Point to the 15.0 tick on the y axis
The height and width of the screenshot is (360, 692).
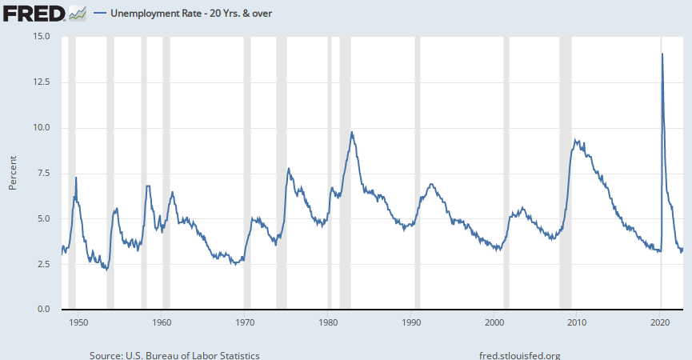(41, 37)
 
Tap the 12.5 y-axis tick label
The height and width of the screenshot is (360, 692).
(41, 82)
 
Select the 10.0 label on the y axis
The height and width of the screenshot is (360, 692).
(41, 128)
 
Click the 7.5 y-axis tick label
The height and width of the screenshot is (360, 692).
(43, 174)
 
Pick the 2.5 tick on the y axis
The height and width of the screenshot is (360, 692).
(43, 265)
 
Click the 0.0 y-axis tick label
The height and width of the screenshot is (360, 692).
(43, 310)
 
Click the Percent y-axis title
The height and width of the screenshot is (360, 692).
(13, 173)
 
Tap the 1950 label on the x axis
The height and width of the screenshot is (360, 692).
(78, 322)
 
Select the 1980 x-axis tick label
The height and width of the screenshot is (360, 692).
(328, 322)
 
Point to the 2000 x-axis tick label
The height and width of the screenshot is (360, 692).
(494, 322)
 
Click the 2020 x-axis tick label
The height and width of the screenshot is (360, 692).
(661, 322)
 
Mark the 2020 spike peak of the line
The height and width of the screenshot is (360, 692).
(662, 54)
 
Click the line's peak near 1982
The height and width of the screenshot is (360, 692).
(351, 132)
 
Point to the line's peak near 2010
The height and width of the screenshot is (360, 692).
(576, 140)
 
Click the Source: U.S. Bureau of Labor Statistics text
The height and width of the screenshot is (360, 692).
(174, 355)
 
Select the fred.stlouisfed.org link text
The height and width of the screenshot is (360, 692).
(518, 355)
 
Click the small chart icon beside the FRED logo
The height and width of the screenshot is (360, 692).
(78, 14)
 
